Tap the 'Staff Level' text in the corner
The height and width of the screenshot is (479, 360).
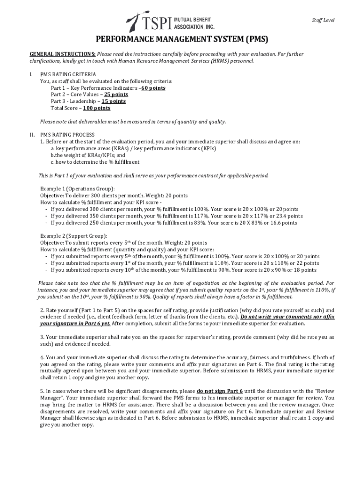click(323, 20)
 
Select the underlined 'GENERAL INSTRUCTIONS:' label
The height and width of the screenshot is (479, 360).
click(63, 54)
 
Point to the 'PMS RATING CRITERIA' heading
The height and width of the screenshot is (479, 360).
click(68, 74)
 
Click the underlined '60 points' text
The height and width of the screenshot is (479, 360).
click(153, 88)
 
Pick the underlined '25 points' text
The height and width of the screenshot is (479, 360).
click(116, 94)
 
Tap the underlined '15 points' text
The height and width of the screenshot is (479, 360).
click(114, 101)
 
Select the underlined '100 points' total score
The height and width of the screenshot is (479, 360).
click(97, 108)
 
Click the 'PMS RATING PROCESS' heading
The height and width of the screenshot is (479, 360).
click(67, 135)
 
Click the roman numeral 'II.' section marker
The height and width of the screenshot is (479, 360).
click(32, 135)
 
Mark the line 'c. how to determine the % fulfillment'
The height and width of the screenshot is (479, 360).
click(95, 162)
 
